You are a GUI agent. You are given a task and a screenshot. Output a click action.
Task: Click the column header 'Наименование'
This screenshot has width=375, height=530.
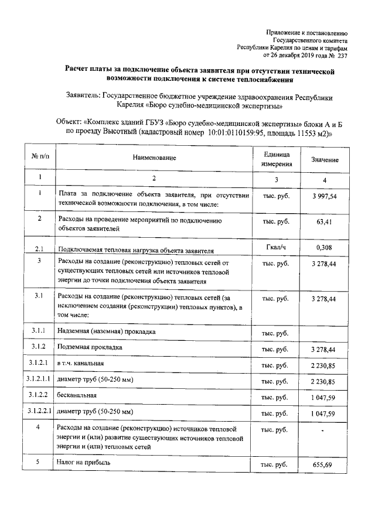coord(154,158)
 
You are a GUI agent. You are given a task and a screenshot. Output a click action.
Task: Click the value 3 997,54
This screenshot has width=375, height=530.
coord(324,196)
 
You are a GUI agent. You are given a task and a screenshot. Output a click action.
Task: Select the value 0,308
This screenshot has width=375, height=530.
coord(324,247)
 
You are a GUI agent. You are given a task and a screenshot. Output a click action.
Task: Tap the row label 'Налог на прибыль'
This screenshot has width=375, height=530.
coord(84,463)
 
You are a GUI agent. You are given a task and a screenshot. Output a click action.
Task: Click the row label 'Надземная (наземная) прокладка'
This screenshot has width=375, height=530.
coord(106,331)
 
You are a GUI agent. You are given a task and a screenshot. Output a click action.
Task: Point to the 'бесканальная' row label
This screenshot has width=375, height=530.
coord(76,397)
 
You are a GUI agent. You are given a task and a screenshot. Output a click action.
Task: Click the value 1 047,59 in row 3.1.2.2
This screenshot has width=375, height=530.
coord(324,398)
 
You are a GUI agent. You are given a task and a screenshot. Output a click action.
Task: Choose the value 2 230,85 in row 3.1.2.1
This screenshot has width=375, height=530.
coord(324,365)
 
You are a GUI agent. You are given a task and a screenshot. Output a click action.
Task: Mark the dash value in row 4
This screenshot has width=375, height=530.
coord(324,432)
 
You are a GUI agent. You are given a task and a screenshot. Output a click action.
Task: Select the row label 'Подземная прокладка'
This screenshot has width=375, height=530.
coord(90,348)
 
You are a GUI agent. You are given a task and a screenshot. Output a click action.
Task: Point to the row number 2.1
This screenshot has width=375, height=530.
coord(39,248)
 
